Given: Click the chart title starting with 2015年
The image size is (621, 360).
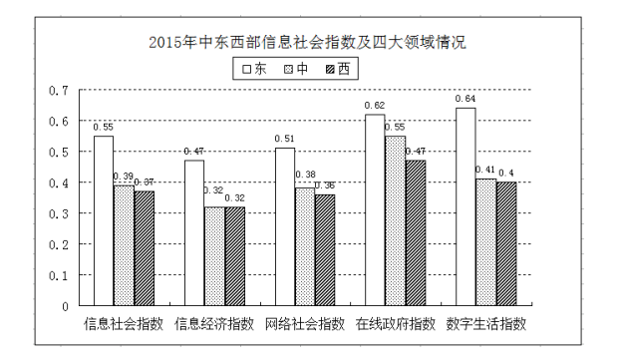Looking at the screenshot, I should (306, 43).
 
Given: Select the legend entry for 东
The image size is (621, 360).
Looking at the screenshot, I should (252, 69).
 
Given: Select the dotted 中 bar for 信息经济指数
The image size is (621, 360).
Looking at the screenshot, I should (214, 255).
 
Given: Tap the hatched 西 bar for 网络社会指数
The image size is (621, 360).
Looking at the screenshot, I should (325, 249).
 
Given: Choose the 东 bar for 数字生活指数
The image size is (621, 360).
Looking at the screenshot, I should (466, 205).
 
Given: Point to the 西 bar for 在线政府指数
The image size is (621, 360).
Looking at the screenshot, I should (416, 232).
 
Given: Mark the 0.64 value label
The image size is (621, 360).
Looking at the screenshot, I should (465, 99).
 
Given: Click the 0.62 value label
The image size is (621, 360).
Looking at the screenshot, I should (375, 105).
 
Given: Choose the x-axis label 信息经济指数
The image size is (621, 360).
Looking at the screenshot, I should (214, 323).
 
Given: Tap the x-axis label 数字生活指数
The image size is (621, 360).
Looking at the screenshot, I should (485, 323).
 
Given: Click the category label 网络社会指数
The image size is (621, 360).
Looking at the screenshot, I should (304, 323).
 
